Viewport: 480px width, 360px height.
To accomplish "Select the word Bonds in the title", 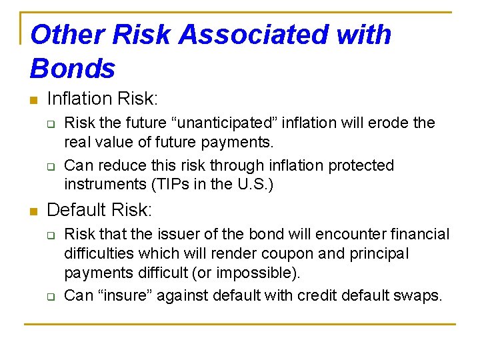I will coord(73,69).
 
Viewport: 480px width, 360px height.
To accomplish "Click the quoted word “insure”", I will coord(123,295).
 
